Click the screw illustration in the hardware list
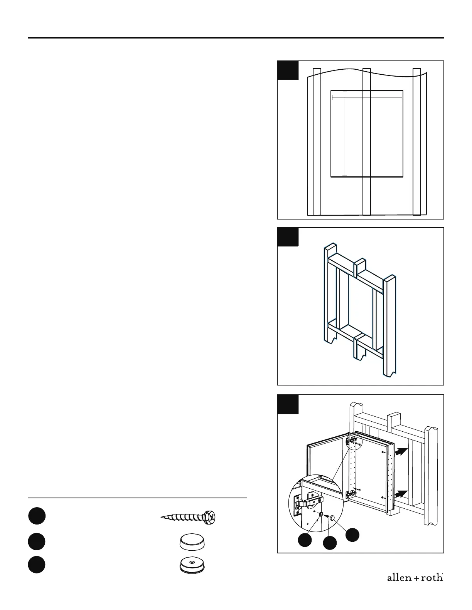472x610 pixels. coord(189,517)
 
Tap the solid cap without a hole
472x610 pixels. coord(192,542)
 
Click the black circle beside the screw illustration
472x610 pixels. coord(37,516)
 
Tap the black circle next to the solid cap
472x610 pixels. coord(37,541)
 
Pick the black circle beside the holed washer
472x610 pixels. coord(37,565)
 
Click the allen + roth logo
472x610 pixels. coord(415,578)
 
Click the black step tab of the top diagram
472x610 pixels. coord(288,70)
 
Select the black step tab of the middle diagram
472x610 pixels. coord(288,237)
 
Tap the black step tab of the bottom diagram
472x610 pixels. coord(288,404)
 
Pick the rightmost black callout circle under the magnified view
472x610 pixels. coord(352,535)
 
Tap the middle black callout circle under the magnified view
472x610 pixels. coord(329,543)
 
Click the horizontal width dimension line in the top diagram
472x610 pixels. coord(367,98)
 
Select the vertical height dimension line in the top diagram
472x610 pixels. coord(345,134)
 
